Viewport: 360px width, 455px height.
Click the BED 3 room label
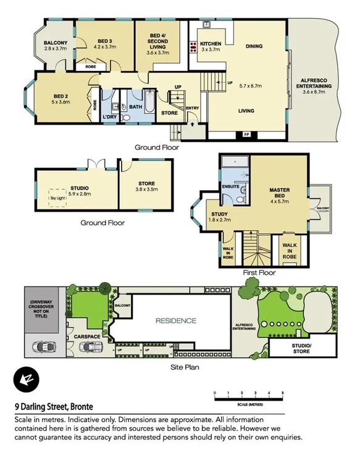(x=104, y=39)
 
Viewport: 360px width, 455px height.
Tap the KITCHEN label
(x=211, y=44)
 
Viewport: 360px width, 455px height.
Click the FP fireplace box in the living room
(x=247, y=134)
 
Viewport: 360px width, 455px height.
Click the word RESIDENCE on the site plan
(x=176, y=320)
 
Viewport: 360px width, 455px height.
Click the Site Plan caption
(x=184, y=367)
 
